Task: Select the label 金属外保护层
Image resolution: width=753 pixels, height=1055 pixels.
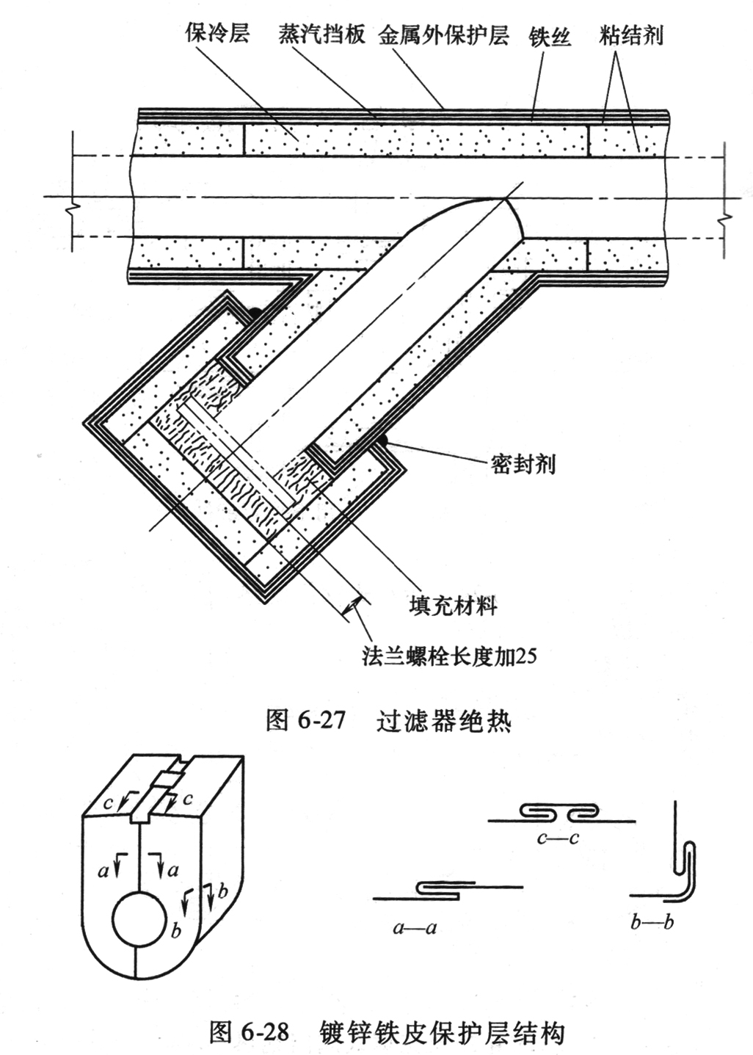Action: coord(443,35)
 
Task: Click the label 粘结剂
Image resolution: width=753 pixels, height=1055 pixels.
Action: coord(630,35)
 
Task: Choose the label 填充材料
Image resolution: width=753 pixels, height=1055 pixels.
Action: coord(452,606)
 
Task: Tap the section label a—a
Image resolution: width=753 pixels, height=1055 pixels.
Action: coord(415,928)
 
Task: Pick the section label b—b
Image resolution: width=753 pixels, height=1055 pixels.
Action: coord(652,922)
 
